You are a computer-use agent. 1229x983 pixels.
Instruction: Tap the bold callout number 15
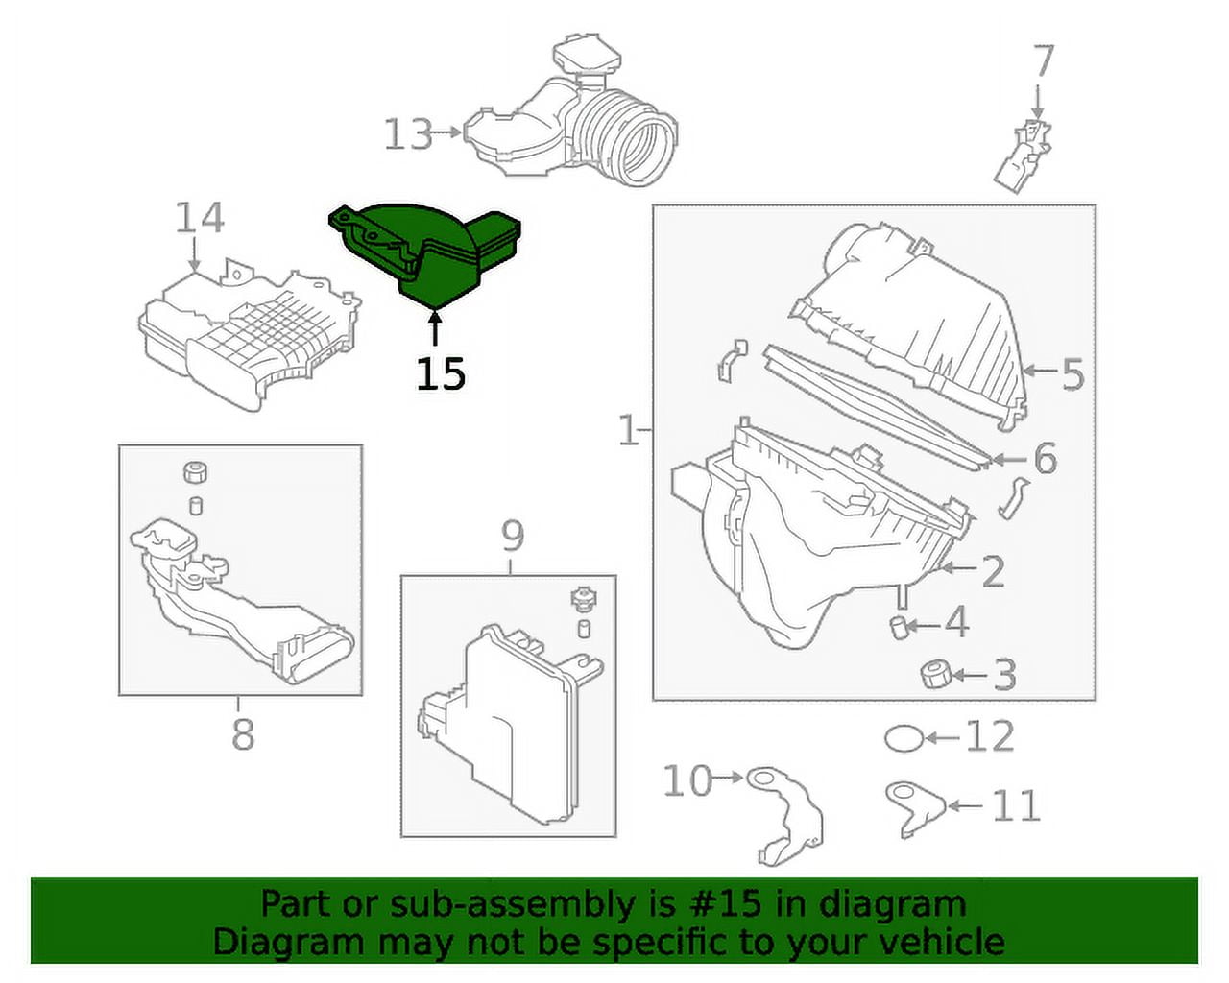(x=441, y=373)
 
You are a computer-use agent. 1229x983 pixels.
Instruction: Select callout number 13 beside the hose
(x=408, y=134)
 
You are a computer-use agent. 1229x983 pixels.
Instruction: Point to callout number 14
(x=199, y=219)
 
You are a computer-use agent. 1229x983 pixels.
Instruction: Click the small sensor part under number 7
(x=1024, y=156)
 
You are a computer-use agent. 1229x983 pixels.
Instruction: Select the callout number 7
(x=1044, y=61)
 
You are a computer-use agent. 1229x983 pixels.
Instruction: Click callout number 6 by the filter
(x=1045, y=459)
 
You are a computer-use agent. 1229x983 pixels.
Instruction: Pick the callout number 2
(x=992, y=571)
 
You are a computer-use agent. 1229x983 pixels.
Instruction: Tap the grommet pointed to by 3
(x=931, y=675)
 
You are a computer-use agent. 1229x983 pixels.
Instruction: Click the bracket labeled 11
(x=912, y=806)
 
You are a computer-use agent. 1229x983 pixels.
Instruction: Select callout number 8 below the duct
(x=243, y=735)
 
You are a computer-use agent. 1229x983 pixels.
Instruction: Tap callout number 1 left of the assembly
(x=628, y=431)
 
